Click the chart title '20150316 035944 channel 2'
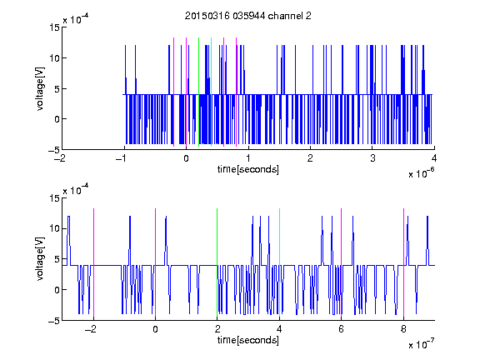click(x=248, y=16)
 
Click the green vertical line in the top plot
click(x=198, y=92)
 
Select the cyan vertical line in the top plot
click(x=211, y=92)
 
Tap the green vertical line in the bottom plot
click(x=217, y=262)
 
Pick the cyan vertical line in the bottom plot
click(x=279, y=262)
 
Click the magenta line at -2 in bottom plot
click(x=93, y=262)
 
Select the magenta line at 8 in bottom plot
click(x=403, y=262)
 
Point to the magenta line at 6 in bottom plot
click(x=342, y=262)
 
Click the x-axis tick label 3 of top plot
click(x=372, y=158)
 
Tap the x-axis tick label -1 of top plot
click(x=122, y=158)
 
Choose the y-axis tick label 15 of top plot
click(x=54, y=27)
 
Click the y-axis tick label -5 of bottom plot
click(x=54, y=321)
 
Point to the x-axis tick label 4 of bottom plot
click(x=279, y=329)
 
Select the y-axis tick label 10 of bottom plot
click(x=54, y=228)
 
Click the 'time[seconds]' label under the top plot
click(x=248, y=169)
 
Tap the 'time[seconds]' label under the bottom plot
click(x=248, y=340)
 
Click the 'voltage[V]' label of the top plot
click(x=40, y=89)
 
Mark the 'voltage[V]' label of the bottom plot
click(x=40, y=259)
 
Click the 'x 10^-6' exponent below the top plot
click(x=421, y=173)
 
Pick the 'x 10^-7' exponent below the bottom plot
click(x=421, y=344)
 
